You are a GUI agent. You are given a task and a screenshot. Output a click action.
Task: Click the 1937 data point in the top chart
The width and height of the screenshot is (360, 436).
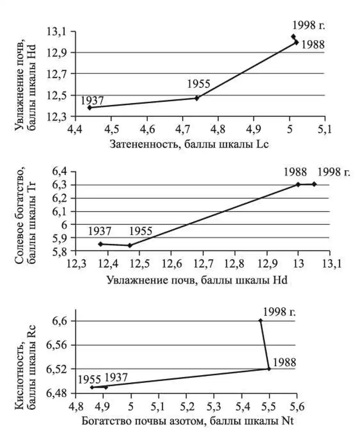pos(90,107)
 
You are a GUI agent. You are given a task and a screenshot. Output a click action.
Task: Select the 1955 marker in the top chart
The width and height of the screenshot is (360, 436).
pos(197,98)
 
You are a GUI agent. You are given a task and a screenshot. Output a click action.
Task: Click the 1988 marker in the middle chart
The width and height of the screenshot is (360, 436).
pos(298,184)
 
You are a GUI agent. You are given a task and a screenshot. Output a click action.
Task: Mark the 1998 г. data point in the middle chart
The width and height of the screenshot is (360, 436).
pos(314,184)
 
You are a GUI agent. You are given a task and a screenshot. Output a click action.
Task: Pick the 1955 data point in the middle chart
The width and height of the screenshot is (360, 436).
pos(130,245)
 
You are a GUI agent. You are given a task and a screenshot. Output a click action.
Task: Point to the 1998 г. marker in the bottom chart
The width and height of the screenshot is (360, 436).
pos(260,321)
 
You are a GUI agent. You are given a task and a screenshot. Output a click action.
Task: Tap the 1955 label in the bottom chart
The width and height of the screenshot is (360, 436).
pos(89,378)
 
